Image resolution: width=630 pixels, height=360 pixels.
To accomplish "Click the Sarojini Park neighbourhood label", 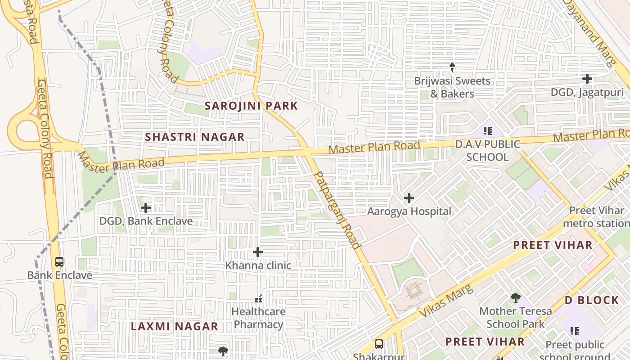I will [x=251, y=106].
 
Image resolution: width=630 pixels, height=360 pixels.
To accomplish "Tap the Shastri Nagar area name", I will [x=195, y=137].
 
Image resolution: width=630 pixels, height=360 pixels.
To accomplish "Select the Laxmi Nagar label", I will [x=175, y=327].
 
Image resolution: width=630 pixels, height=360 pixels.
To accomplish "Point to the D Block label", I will [x=592, y=300].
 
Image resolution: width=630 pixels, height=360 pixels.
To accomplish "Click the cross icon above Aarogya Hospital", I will [x=409, y=198].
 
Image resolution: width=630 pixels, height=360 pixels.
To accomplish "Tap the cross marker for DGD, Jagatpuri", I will [x=587, y=79].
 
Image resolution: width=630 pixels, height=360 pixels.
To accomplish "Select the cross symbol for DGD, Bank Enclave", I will [x=146, y=208].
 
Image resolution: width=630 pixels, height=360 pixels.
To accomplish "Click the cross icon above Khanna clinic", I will [x=258, y=252].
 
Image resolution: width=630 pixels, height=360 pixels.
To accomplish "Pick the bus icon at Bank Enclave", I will [x=59, y=262].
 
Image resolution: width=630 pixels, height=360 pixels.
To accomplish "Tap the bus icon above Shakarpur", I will [x=379, y=344].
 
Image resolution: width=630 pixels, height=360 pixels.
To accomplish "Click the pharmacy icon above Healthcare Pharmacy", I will [x=258, y=298].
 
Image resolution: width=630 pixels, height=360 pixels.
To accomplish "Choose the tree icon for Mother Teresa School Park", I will [x=515, y=297].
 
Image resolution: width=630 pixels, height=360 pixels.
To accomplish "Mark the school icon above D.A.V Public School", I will [x=487, y=131].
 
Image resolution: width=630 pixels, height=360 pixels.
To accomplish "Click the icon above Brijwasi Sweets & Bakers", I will [x=452, y=67].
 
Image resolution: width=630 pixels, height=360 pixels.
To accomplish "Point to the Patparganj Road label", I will [x=337, y=210].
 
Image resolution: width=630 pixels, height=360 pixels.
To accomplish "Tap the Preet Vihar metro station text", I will [x=596, y=217].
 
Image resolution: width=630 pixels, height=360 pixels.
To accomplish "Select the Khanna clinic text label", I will [x=258, y=265].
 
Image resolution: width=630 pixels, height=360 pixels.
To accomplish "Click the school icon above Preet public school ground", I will [x=575, y=331].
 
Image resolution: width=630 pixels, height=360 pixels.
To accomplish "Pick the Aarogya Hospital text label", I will [x=409, y=211].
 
